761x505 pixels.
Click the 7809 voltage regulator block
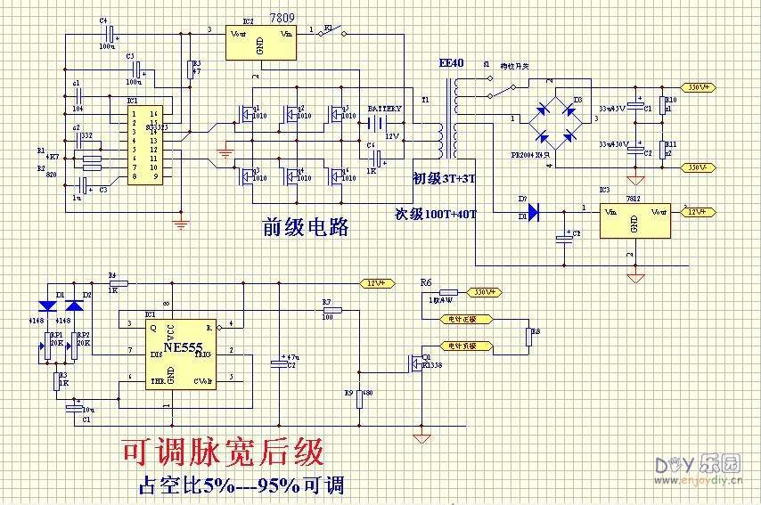(x=260, y=39)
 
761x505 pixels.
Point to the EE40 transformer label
(x=452, y=64)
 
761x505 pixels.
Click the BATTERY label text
(x=384, y=109)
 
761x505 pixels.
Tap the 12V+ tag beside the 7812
(x=700, y=211)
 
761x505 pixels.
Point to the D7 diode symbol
(x=533, y=212)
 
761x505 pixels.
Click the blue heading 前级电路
(x=305, y=227)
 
